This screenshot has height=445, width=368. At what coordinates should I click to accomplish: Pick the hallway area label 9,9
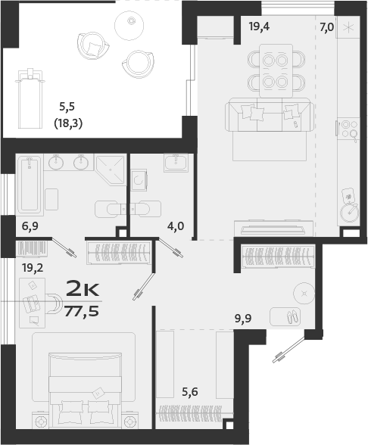coord(242,319)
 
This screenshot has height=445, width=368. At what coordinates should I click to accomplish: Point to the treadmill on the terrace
coord(30,95)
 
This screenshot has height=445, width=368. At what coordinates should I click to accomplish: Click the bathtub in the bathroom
coord(30,185)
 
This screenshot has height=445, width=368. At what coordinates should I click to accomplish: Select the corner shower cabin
coord(111,169)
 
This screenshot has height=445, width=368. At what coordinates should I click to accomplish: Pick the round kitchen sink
coord(349,213)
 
